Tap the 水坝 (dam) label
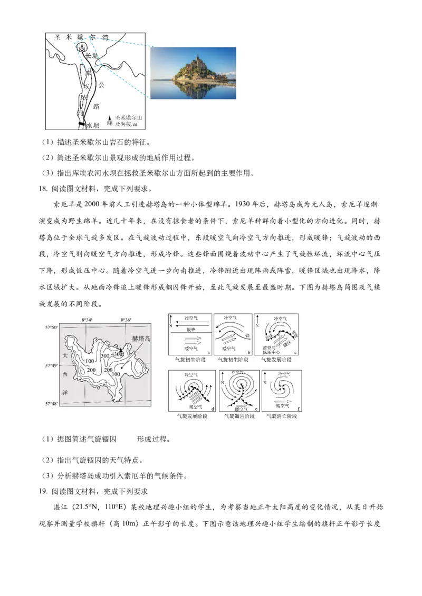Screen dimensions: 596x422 click(x=92, y=125)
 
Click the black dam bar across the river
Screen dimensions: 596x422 click(x=81, y=124)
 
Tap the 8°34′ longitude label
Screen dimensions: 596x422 click(x=87, y=320)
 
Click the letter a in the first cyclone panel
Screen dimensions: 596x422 click(x=209, y=352)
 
